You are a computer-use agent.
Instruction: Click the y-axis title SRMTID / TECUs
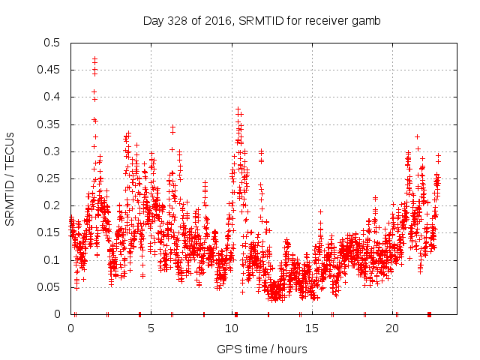[x=10, y=178]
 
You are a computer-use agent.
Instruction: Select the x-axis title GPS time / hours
[x=262, y=349]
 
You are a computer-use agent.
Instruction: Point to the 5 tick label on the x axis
[x=151, y=328]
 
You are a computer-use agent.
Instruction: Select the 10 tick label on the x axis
[x=231, y=328]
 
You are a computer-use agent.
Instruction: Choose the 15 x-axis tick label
[x=311, y=328]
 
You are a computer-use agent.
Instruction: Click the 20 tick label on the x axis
[x=391, y=328]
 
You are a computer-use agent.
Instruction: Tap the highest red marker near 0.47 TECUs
[x=94, y=58]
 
